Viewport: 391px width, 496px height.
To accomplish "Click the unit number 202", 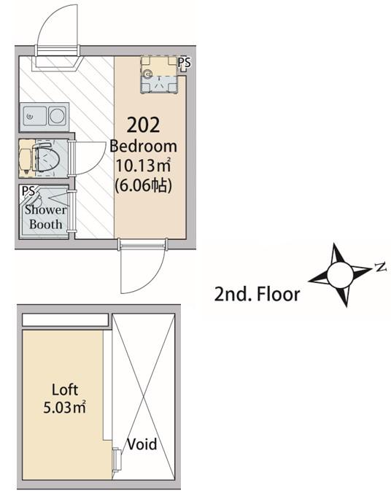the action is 143,125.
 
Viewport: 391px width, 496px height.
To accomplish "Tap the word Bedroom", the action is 143,147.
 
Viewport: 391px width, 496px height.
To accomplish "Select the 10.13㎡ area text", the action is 143,166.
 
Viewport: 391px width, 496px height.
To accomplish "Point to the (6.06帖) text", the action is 143,185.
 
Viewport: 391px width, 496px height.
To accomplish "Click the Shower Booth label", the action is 45,217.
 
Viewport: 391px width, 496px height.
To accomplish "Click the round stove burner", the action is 57,115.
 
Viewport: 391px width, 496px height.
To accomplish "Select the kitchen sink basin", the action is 35,116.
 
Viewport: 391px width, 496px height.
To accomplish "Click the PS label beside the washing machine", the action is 184,62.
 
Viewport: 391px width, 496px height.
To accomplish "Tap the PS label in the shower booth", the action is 28,191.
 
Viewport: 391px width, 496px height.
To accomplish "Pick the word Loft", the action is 65,390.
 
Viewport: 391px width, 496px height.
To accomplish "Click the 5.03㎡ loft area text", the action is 64,407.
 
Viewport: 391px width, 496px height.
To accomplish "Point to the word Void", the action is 142,444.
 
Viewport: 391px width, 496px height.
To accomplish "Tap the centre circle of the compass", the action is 339,275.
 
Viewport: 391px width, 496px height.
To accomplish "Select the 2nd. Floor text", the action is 257,294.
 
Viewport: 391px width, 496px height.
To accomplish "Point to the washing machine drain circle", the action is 147,74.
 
